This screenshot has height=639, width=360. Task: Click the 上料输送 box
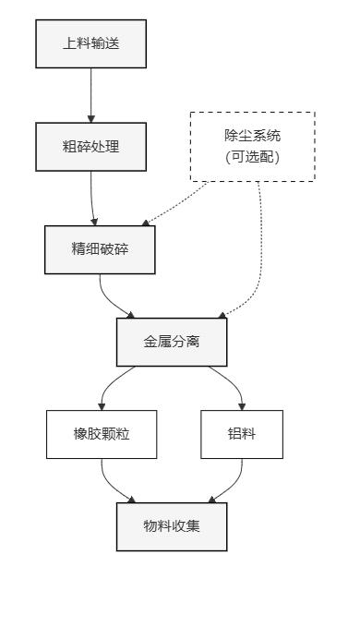pyautogui.click(x=90, y=43)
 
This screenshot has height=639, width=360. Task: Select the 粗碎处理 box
pyautogui.click(x=90, y=146)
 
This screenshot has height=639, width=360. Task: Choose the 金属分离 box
pyautogui.click(x=172, y=341)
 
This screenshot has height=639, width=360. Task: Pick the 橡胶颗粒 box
pyautogui.click(x=102, y=435)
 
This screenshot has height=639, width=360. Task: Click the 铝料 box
pyautogui.click(x=241, y=435)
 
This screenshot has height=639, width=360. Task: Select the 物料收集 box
pyautogui.click(x=172, y=526)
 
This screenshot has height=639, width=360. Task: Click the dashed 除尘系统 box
pyautogui.click(x=252, y=146)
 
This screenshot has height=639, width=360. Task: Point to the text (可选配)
pyautogui.click(x=252, y=157)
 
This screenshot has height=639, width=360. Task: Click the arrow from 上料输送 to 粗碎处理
pyautogui.click(x=90, y=92)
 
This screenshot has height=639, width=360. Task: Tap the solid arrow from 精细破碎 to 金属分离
pyautogui.click(x=115, y=300)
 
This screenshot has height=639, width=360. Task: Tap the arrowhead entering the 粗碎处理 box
pyautogui.click(x=90, y=118)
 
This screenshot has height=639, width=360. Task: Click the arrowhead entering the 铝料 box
pyautogui.click(x=241, y=406)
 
